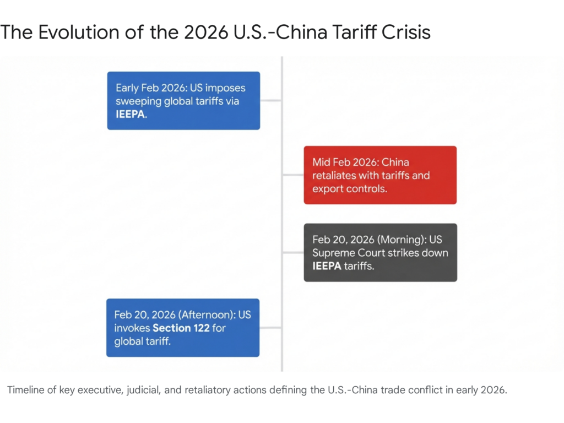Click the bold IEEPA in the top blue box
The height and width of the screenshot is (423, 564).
click(x=131, y=116)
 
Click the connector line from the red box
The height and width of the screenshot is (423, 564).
click(x=293, y=175)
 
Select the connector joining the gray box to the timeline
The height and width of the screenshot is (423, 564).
click(x=293, y=252)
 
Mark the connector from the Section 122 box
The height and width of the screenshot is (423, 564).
click(x=270, y=328)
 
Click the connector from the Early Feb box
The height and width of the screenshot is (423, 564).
click(x=270, y=101)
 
